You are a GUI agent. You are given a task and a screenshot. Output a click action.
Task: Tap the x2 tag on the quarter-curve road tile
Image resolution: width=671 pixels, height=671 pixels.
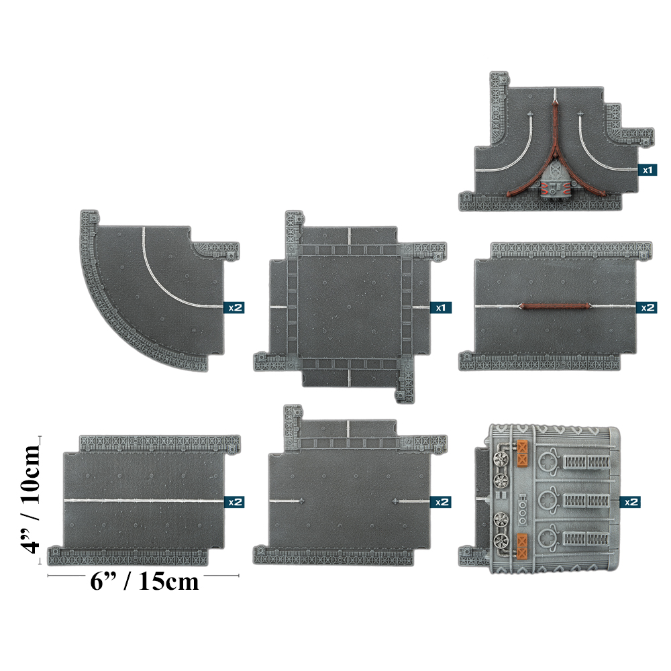[x=233, y=307]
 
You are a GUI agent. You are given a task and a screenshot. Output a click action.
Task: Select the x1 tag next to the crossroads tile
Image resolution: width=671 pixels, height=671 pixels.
[x=441, y=307]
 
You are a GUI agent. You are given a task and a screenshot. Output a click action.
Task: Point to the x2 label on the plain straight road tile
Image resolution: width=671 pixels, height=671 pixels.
[x=233, y=501]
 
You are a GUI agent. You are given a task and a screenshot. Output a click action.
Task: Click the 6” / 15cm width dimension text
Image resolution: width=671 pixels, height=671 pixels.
[x=144, y=581]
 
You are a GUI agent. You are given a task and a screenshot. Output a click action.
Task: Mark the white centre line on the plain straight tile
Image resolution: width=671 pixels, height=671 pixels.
[x=144, y=501]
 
